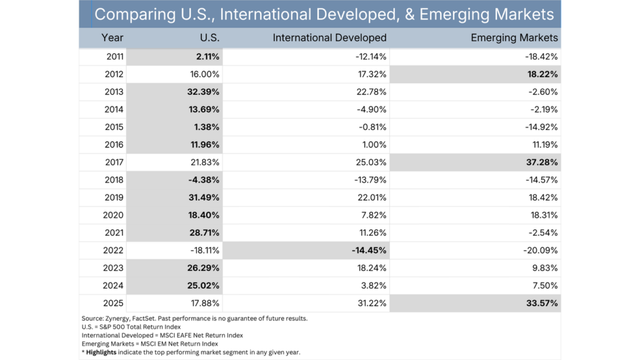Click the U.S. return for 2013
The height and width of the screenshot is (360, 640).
[203, 92]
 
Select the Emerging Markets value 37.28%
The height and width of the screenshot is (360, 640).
[541, 162]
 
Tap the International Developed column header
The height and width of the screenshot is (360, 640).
[329, 38]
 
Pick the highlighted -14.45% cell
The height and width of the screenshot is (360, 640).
[369, 251]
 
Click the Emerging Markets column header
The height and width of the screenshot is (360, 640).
[514, 38]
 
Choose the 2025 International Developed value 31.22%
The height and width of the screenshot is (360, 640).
[371, 304]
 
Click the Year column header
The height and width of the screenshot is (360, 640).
[112, 38]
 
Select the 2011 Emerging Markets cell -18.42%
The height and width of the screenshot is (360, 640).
[541, 56]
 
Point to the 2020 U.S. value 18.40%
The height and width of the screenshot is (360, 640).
[203, 215]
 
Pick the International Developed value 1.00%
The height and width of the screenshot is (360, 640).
[374, 144]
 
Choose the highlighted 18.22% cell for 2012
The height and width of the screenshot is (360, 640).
[541, 74]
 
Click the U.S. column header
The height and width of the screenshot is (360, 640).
[209, 38]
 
